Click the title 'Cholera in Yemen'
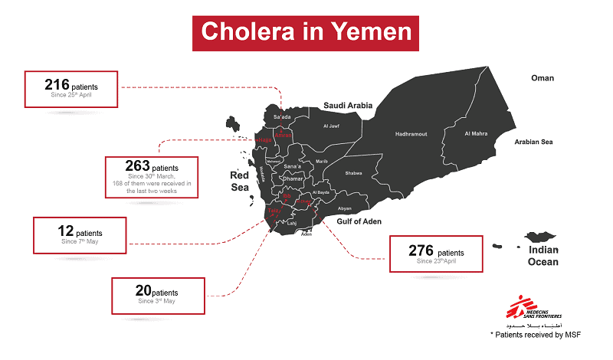(x=306, y=31)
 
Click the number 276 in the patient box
(x=421, y=251)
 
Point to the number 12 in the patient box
(x=65, y=231)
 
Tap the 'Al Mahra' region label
(x=476, y=134)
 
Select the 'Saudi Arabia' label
(x=347, y=105)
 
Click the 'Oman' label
(x=543, y=78)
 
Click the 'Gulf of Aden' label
(x=359, y=221)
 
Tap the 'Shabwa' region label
(x=354, y=174)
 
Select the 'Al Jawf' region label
(x=331, y=126)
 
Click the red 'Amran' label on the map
(x=282, y=135)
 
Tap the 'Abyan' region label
(x=344, y=208)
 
